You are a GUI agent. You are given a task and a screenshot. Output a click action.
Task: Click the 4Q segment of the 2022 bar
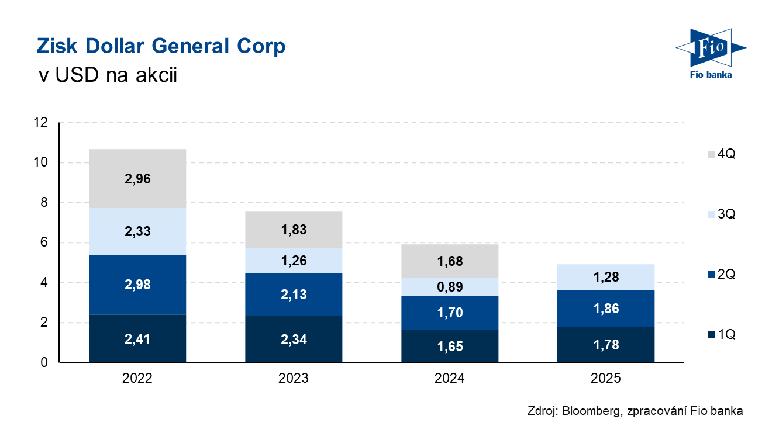pos(137,178)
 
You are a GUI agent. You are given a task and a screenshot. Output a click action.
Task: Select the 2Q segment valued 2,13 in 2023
pos(294,294)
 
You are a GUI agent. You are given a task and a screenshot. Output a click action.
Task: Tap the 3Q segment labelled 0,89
pos(449,286)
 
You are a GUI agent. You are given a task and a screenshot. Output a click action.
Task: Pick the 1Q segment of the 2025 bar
pos(605,345)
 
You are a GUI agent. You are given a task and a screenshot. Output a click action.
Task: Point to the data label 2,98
pos(137,285)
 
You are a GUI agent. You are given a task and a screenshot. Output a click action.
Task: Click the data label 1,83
pos(294,229)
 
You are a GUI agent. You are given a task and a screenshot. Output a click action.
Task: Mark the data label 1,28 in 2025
pos(605,276)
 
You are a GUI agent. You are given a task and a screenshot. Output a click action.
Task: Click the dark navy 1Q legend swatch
pos(711,335)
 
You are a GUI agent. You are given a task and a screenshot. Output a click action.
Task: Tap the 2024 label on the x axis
pos(449,379)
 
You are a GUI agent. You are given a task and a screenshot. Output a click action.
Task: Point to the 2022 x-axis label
pos(137,379)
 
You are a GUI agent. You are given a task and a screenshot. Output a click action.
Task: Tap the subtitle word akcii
pos(149,76)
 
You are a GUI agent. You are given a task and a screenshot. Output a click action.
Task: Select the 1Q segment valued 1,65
pos(449,346)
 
